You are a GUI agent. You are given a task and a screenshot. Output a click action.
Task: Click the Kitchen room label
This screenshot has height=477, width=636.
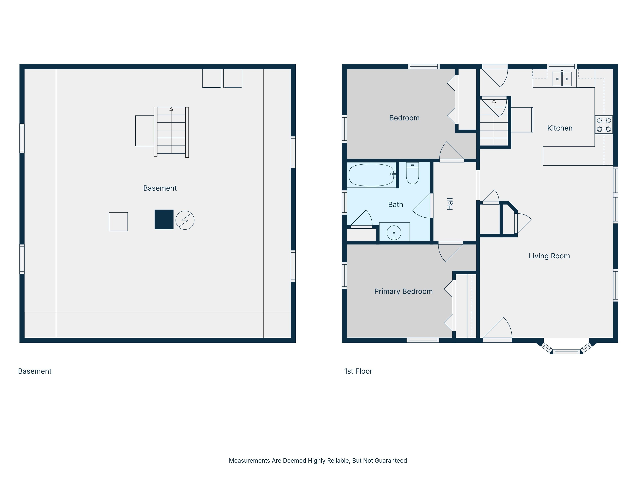pos(560,128)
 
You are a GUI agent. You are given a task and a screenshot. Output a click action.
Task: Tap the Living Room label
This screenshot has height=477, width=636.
pos(549,256)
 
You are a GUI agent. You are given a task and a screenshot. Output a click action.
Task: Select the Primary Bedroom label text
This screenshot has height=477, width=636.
pos(403,291)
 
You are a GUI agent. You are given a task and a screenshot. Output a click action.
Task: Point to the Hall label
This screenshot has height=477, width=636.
pos(450,204)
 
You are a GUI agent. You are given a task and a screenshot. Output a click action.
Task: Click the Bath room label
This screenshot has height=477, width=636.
pos(395,205)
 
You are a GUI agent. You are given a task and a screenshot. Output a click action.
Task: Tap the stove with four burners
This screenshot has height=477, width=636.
pos(604,125)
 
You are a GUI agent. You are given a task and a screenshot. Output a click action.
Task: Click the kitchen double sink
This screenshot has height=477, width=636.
pos(562,79)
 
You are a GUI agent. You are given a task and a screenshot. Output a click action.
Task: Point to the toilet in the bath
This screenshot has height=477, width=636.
pos(412,173)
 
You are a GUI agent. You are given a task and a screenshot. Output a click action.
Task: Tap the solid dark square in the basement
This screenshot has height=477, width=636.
pos(164,219)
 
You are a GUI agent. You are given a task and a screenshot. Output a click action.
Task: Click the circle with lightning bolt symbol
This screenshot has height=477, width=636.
pos(185,220)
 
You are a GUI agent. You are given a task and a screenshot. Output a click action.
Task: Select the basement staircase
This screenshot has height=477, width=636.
pos(171,132)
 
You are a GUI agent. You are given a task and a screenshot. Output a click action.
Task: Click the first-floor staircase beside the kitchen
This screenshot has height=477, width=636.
pos(494,122)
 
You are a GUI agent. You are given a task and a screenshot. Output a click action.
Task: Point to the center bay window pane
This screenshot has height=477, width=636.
pos(566,351)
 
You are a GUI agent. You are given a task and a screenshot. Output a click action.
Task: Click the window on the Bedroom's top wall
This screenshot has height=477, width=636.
pos(424,67)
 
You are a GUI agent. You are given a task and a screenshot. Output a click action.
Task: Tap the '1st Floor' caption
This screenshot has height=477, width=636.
pos(358,371)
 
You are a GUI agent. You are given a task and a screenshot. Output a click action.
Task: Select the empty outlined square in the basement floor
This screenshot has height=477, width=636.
pos(118,222)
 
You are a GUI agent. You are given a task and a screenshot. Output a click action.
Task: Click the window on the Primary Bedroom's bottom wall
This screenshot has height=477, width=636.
pos(423,340)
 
